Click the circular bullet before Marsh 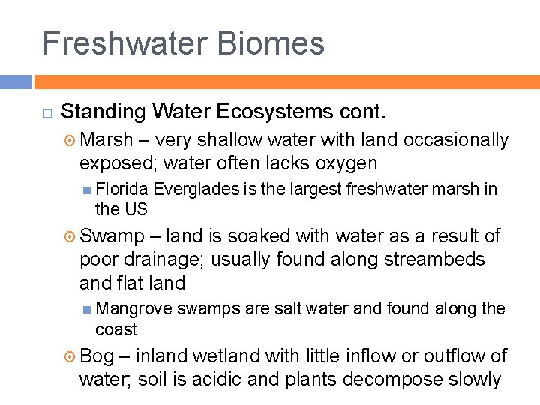[x=70, y=140]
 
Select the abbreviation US [x=136, y=209]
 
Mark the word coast [x=116, y=329]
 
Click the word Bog [x=96, y=355]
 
